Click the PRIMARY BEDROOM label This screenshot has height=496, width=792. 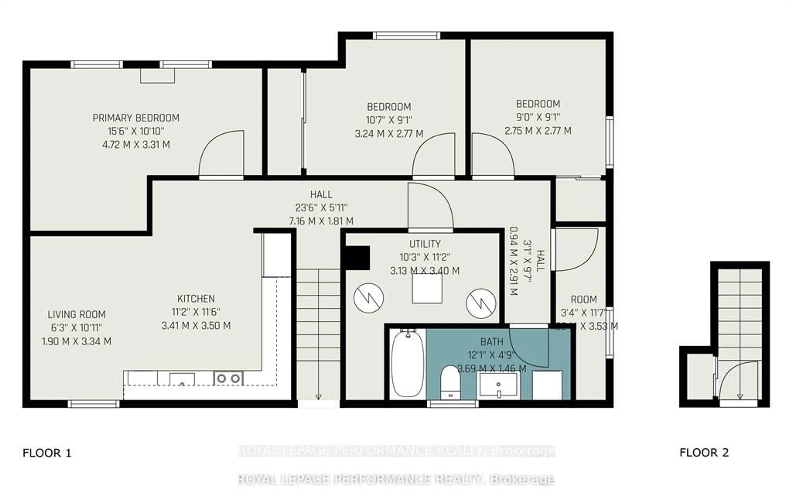pyautogui.click(x=136, y=118)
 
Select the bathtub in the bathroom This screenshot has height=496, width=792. pyautogui.click(x=407, y=364)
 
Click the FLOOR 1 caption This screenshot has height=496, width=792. pyautogui.click(x=47, y=453)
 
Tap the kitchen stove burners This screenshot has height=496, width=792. pyautogui.click(x=228, y=378)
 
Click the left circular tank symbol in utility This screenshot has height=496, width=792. pyautogui.click(x=369, y=298)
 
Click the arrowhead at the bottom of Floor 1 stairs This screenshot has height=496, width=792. pyautogui.click(x=318, y=397)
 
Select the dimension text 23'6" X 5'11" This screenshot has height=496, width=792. pyautogui.click(x=321, y=208)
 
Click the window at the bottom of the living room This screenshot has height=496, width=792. pyautogui.click(x=94, y=404)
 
